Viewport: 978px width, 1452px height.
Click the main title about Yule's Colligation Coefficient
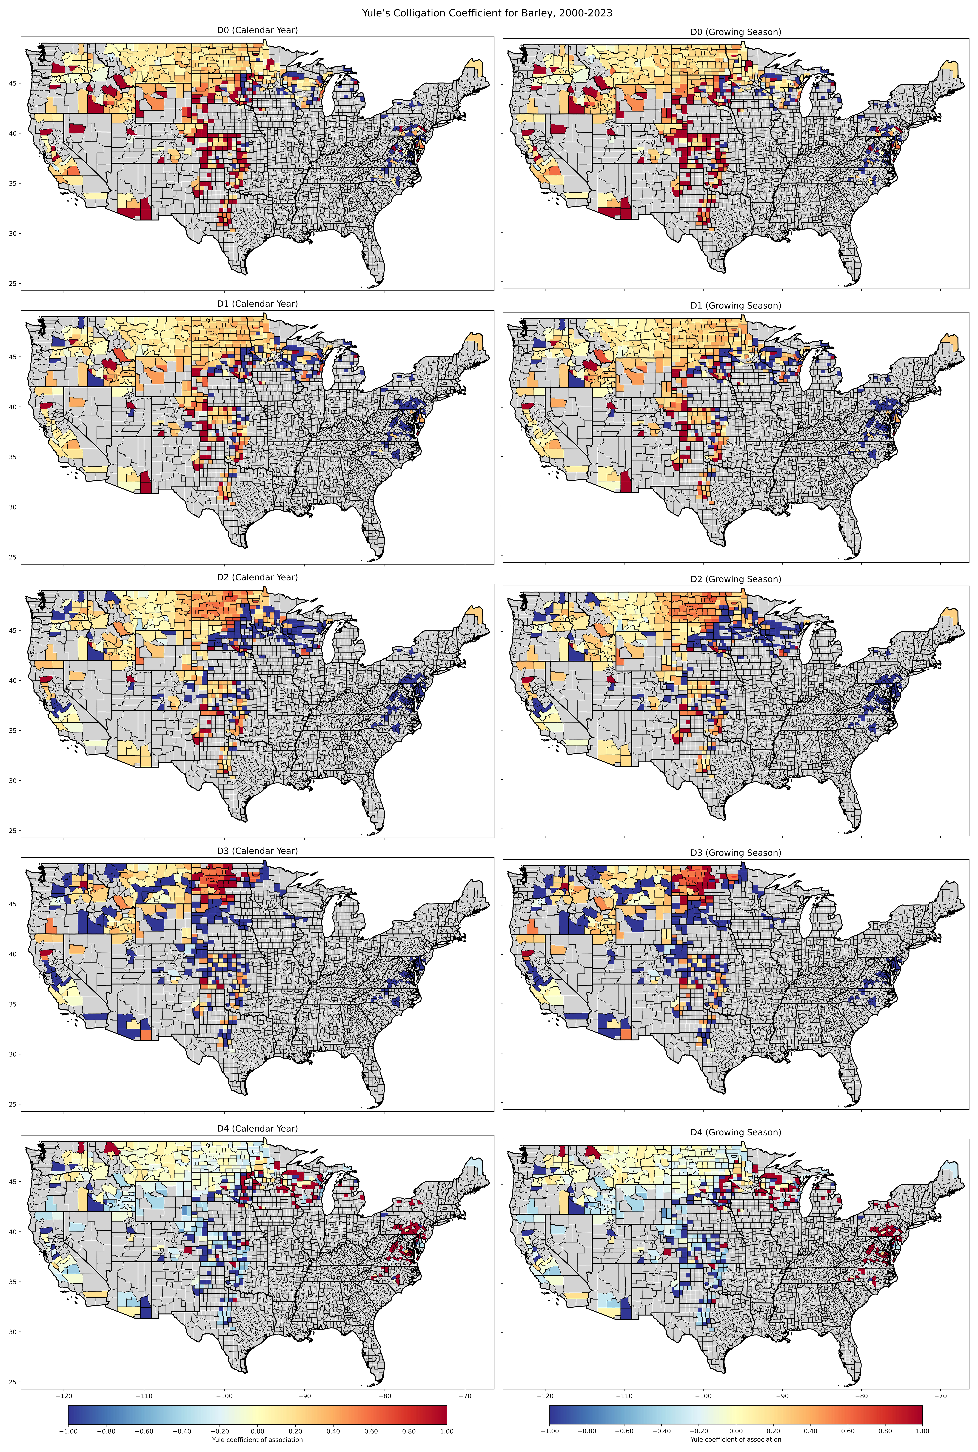tap(487, 13)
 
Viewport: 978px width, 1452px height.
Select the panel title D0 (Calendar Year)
tap(258, 30)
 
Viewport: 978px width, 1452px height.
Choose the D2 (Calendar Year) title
tap(258, 577)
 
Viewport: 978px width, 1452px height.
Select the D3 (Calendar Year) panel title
tap(258, 851)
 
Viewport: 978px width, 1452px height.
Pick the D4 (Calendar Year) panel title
tap(258, 1129)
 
